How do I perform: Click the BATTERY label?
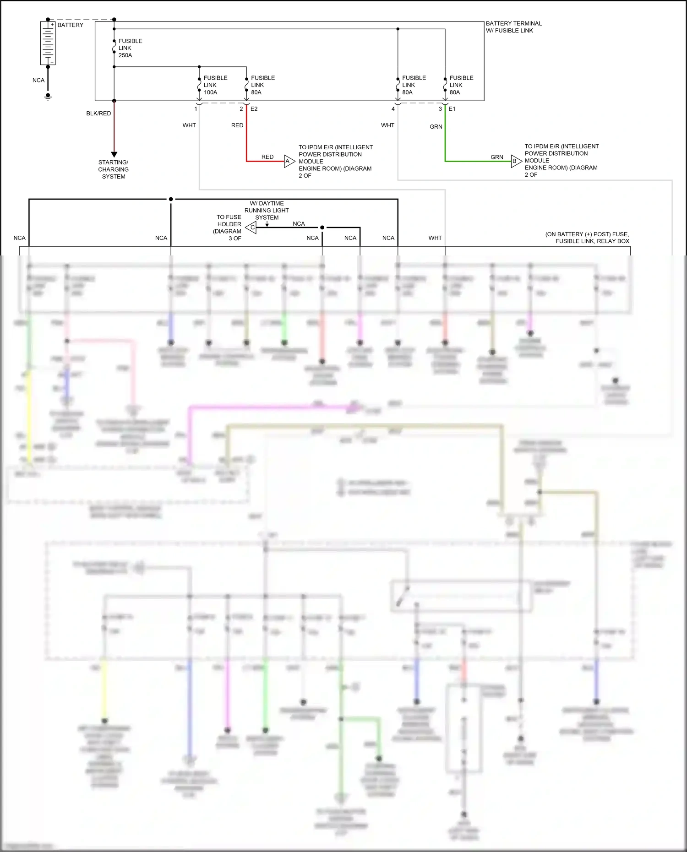pos(70,25)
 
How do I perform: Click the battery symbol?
pos(48,43)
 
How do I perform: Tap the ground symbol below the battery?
pos(48,97)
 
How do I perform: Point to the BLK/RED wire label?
pos(98,114)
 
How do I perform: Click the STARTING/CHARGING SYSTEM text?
pos(113,169)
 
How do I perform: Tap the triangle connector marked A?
pos(289,161)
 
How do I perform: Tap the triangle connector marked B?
pos(516,161)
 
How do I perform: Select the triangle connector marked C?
pos(251,227)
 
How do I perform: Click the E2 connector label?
pos(254,109)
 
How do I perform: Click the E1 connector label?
pos(452,109)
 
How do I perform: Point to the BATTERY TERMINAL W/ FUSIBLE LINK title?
pos(513,27)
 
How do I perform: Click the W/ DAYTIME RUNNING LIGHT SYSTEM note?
pos(267,210)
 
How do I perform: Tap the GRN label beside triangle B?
pos(496,157)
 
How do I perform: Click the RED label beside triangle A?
pos(267,157)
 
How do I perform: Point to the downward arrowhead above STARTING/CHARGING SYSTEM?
pos(114,155)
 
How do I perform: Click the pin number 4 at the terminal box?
pos(393,109)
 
